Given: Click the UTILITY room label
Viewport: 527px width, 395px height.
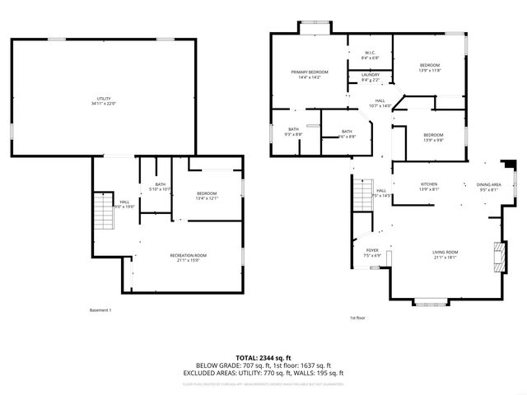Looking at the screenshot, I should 103,99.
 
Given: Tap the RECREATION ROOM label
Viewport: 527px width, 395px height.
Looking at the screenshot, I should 189,255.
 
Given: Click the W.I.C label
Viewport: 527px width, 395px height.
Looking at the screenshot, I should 370,53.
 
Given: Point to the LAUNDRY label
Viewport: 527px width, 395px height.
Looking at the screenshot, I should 370,75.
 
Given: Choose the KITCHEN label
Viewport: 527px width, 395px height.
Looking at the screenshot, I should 429,184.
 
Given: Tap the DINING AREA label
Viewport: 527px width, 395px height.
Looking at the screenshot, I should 488,184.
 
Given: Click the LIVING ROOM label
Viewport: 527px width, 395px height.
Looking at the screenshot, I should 445,252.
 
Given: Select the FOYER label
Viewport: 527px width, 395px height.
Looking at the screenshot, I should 372,250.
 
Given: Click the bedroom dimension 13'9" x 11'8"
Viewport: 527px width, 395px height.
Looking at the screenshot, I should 430,71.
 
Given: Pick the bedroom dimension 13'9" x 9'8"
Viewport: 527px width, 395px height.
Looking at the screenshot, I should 433,140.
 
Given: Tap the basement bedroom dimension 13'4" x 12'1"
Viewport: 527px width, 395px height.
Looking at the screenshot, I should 206,198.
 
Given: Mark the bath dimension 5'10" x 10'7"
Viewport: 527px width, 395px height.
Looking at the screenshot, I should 160,189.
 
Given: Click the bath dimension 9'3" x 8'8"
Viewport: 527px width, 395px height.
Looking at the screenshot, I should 293,134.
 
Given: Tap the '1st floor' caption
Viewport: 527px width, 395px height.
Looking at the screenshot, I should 357,318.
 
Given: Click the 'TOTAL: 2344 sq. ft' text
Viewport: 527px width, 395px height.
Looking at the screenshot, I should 263,357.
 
